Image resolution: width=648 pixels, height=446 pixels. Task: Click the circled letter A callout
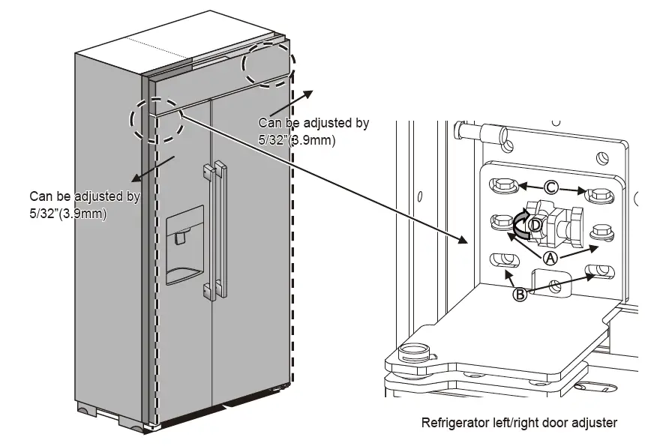(550, 258)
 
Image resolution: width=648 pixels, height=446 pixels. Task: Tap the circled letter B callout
(519, 295)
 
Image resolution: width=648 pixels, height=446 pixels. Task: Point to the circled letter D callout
(535, 225)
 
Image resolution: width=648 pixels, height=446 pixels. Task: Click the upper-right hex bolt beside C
(599, 194)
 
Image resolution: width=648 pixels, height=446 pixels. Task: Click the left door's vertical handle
(207, 229)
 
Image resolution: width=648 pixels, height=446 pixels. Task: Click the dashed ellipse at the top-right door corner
(265, 64)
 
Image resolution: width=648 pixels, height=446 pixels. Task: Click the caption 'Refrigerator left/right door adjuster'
(519, 424)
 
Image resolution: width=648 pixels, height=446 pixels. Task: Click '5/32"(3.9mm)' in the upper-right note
(296, 139)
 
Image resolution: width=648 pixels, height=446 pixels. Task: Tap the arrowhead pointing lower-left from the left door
(134, 180)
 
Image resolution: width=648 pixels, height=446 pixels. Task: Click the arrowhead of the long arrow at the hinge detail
(465, 241)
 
